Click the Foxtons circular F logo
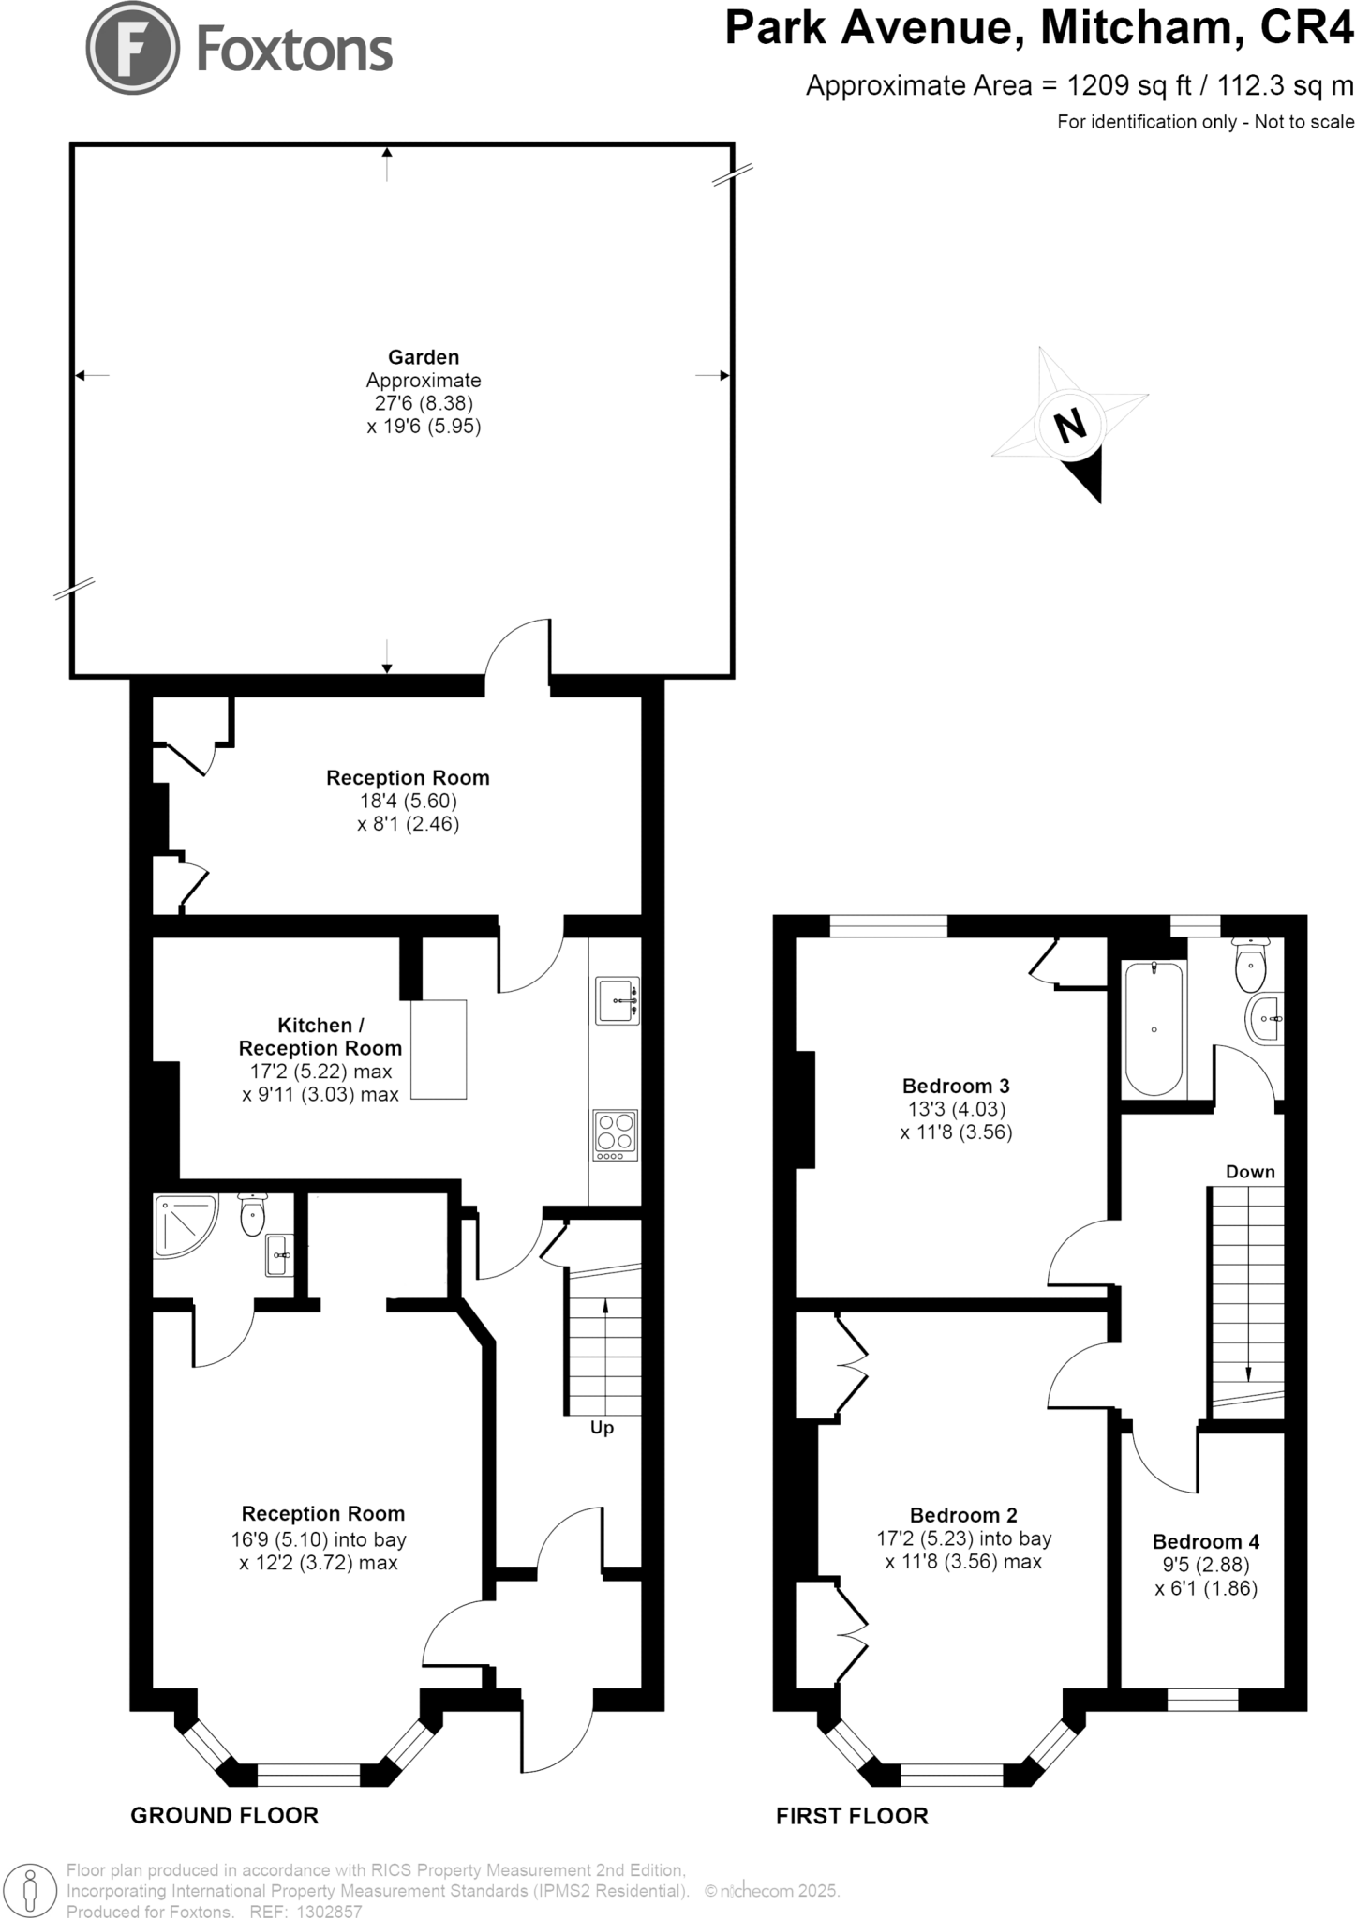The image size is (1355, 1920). tap(132, 48)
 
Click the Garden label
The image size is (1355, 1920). tap(424, 357)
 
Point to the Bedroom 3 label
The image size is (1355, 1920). tap(955, 1087)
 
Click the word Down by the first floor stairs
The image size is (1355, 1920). tap(1250, 1172)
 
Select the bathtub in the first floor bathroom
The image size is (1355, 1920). tap(1154, 1028)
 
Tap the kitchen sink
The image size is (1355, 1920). tap(617, 1001)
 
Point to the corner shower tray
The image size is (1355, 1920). tap(186, 1223)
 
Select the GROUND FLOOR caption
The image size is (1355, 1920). tap(224, 1816)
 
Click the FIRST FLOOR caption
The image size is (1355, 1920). tap(852, 1816)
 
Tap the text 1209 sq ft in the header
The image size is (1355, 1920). tap(1129, 86)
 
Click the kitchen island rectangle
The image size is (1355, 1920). tap(438, 1049)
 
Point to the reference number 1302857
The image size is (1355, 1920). tap(328, 1912)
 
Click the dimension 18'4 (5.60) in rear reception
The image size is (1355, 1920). tap(408, 802)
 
